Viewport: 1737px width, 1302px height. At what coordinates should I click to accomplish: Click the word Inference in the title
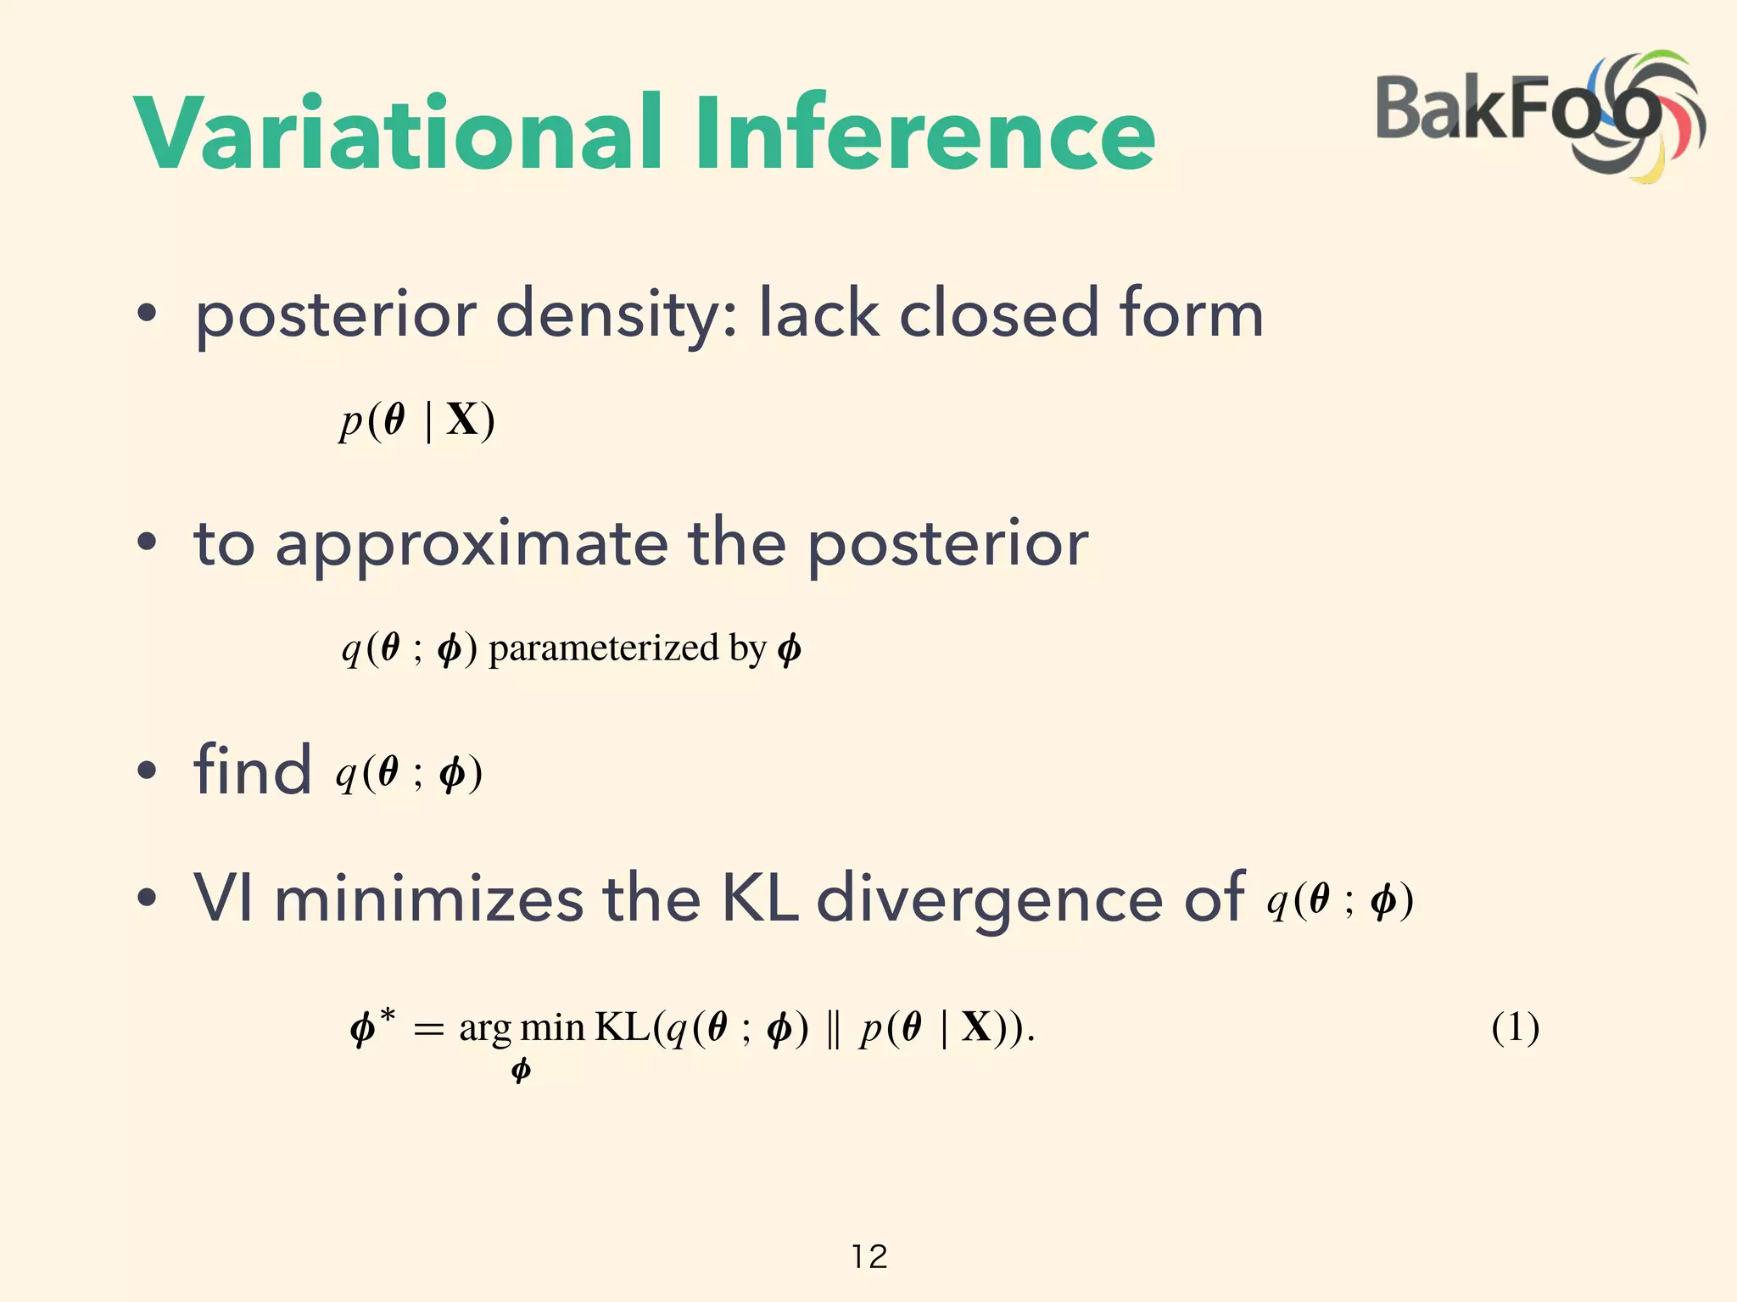coord(924,134)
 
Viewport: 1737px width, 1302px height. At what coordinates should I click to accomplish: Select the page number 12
coord(869,1256)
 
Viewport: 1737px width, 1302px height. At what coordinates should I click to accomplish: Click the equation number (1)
coord(1515,1027)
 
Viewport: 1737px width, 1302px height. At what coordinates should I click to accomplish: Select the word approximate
coord(472,544)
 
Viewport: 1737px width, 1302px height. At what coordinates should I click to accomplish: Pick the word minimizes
coord(428,898)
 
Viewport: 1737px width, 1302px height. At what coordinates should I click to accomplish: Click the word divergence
coord(989,898)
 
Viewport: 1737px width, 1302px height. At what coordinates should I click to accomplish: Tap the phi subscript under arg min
coord(521,1071)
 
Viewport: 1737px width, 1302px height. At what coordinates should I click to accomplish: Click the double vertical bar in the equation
coord(832,1029)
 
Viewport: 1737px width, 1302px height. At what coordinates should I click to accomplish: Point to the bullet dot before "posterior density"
coord(147,314)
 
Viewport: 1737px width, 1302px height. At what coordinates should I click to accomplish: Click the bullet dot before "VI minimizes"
coord(147,898)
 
